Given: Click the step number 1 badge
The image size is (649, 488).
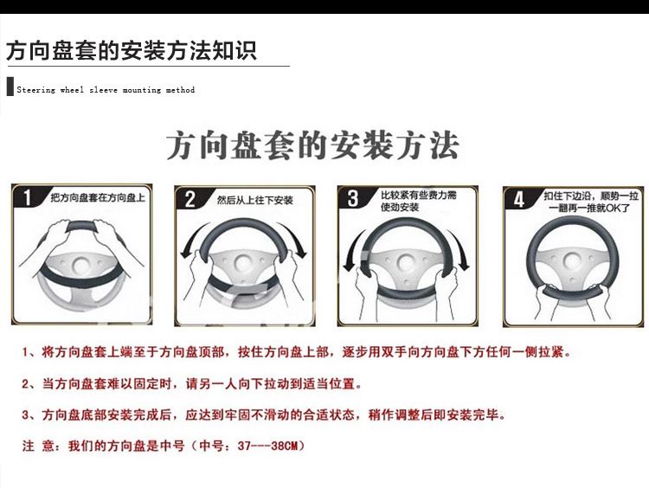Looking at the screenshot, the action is (28, 197).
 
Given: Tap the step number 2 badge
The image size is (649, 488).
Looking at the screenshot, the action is (190, 199).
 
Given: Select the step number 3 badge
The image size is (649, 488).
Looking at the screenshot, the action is (352, 198).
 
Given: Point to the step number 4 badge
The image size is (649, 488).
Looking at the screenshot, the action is (518, 199).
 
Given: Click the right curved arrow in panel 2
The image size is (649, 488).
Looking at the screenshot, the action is (295, 238).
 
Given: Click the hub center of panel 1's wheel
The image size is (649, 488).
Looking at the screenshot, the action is (80, 265).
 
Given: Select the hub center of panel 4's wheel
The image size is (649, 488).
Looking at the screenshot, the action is (572, 260).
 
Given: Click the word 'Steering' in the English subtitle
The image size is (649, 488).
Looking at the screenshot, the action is (36, 90).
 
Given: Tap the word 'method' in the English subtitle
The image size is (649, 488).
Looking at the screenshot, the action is (180, 90).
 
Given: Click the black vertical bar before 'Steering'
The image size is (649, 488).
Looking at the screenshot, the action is (10, 87).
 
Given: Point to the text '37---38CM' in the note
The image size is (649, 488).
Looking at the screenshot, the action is (267, 446).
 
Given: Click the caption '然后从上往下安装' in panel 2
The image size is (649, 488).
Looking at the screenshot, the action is (255, 201).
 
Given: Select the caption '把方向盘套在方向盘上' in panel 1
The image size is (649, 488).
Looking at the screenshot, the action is (98, 197).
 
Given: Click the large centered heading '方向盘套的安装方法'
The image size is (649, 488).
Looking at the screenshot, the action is (313, 145).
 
